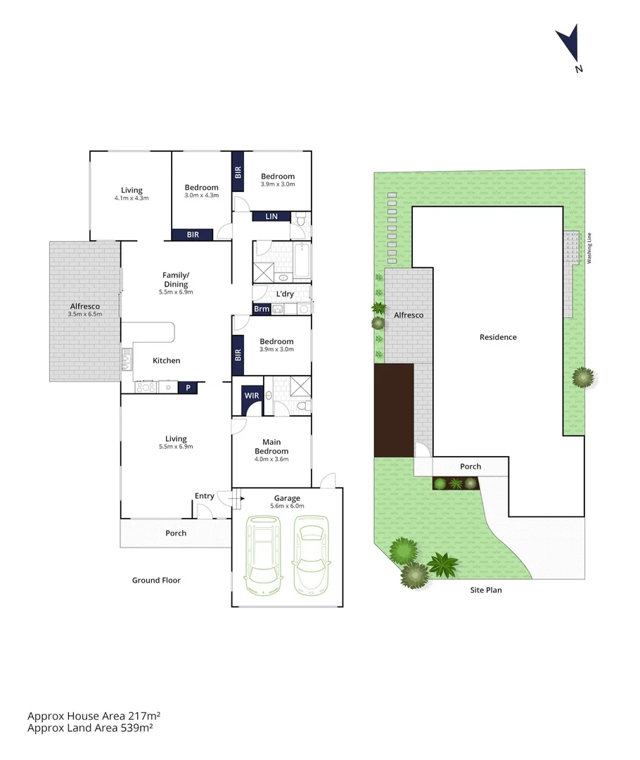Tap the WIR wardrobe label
click(251, 396)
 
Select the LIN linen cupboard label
click(271, 217)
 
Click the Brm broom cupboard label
click(261, 308)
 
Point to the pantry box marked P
click(188, 387)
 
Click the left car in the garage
click(262, 554)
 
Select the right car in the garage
click(309, 554)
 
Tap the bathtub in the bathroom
click(302, 260)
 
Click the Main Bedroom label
click(271, 446)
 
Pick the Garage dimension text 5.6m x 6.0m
click(287, 505)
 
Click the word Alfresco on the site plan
click(409, 315)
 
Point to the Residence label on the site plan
click(498, 337)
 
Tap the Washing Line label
click(589, 247)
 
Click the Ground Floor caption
click(156, 581)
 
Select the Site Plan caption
click(486, 590)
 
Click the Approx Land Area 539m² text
click(90, 728)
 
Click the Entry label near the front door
click(204, 496)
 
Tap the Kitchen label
click(167, 360)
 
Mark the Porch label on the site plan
click(471, 467)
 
